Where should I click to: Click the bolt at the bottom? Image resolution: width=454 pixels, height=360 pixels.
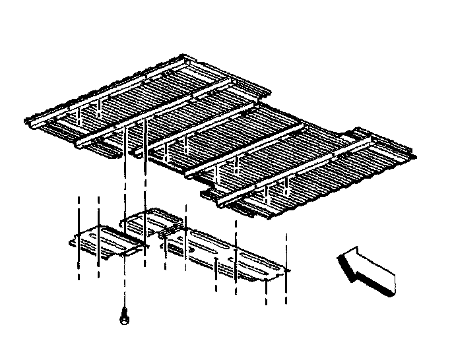point(123,318)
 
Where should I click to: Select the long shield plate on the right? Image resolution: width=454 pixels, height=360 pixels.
point(224,254)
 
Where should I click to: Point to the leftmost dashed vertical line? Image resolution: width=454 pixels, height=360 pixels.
point(79,237)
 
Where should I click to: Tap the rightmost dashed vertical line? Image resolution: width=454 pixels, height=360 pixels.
point(286,270)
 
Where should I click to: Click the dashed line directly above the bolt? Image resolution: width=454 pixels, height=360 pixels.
point(123,277)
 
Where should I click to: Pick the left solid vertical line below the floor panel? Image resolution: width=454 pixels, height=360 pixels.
point(123,178)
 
